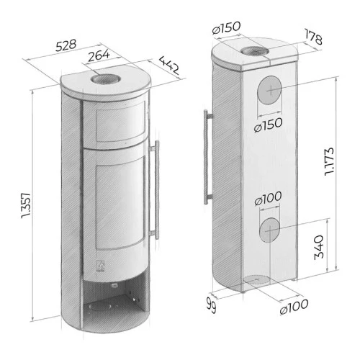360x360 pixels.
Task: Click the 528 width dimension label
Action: [x=66, y=45]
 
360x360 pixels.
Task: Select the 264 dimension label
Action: [x=99, y=55]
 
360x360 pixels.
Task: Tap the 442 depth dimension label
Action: [x=169, y=65]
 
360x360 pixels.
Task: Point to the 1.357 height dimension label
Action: [x=26, y=205]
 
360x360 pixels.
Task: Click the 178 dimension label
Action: [x=313, y=37]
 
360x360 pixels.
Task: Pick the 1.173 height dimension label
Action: [x=329, y=161]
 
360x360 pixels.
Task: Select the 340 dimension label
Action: [x=319, y=247]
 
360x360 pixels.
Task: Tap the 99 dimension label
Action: [x=211, y=305]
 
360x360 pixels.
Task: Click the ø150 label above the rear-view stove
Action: [x=226, y=28]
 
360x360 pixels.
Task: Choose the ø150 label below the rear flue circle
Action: [x=268, y=125]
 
